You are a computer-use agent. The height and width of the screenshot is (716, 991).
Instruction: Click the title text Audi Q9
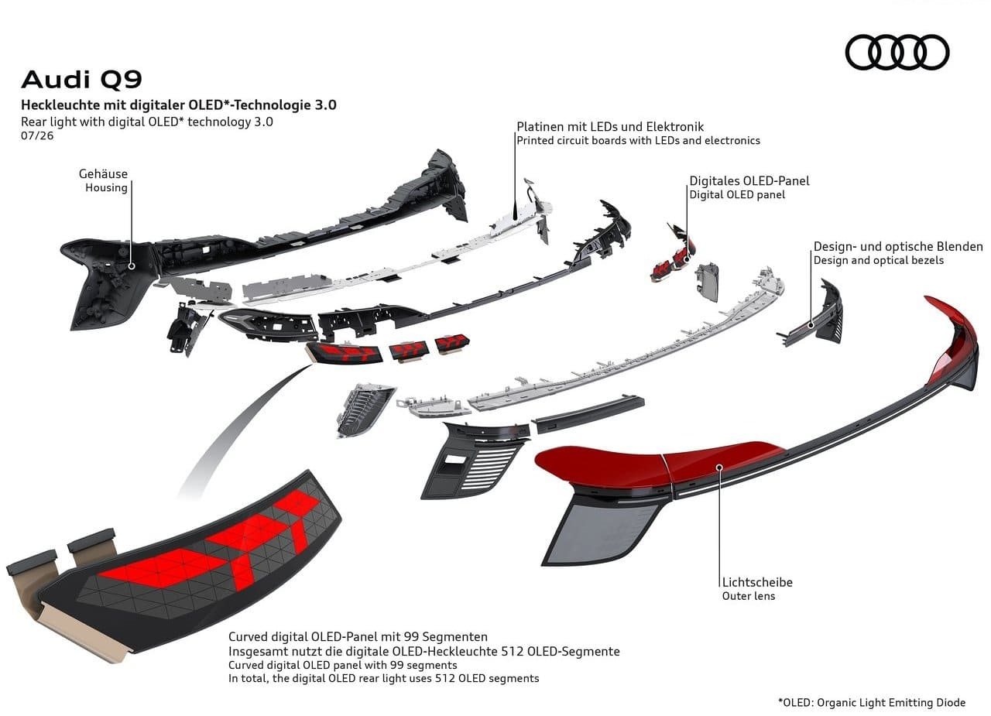82,80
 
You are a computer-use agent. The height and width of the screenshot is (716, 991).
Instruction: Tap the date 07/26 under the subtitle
37,135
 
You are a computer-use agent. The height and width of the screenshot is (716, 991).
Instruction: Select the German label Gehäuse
103,174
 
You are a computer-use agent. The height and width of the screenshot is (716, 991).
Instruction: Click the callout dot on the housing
132,266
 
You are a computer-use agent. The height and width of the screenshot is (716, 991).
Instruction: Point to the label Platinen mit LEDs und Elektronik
610,127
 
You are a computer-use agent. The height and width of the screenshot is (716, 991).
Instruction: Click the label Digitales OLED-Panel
749,181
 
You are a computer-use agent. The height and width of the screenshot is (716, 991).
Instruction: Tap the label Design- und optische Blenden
898,246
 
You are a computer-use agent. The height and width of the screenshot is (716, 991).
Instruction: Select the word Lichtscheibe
757,582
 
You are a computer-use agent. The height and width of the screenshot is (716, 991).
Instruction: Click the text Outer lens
749,596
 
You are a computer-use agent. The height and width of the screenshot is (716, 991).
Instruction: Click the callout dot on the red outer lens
720,467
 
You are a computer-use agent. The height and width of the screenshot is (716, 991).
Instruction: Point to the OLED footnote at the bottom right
872,703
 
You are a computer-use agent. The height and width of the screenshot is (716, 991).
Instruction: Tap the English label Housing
106,187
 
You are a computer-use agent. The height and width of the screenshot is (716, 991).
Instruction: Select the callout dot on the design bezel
811,325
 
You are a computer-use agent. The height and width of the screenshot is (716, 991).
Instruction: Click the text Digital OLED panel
737,194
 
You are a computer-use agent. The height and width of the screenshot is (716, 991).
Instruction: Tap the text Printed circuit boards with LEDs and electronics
639,141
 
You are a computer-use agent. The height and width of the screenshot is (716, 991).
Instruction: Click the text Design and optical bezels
879,260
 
